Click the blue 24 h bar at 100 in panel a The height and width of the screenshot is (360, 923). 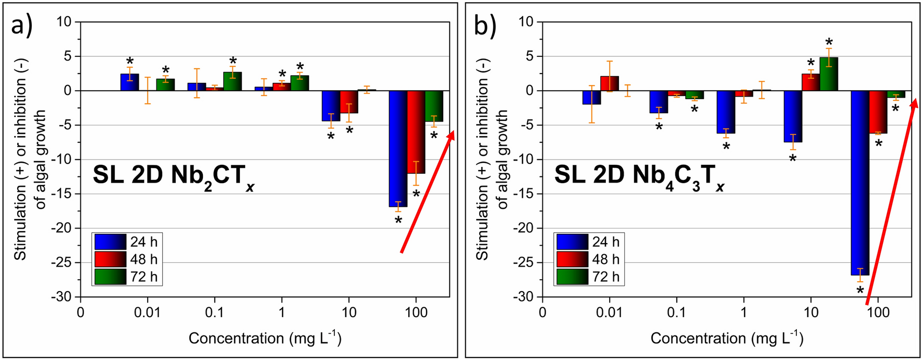coord(398,149)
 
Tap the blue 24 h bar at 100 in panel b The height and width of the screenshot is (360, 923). coord(860,183)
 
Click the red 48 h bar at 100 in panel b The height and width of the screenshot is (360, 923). coord(878,112)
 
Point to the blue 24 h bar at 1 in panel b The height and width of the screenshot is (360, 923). coord(726,112)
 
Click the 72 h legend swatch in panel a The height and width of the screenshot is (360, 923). coord(110,277)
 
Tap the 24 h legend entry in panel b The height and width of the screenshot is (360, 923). coord(589,242)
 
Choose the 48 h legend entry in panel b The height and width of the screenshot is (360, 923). coord(589,259)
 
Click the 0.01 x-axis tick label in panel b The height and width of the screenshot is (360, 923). coord(609,313)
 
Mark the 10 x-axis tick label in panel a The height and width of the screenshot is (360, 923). coord(349,313)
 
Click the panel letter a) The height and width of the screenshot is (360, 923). coord(22,25)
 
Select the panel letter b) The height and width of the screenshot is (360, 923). coord(484,25)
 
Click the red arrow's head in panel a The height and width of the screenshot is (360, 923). coord(452,135)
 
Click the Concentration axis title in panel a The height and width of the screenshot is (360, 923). coord(265,339)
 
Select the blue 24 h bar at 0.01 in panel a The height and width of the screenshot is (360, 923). coord(130,82)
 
